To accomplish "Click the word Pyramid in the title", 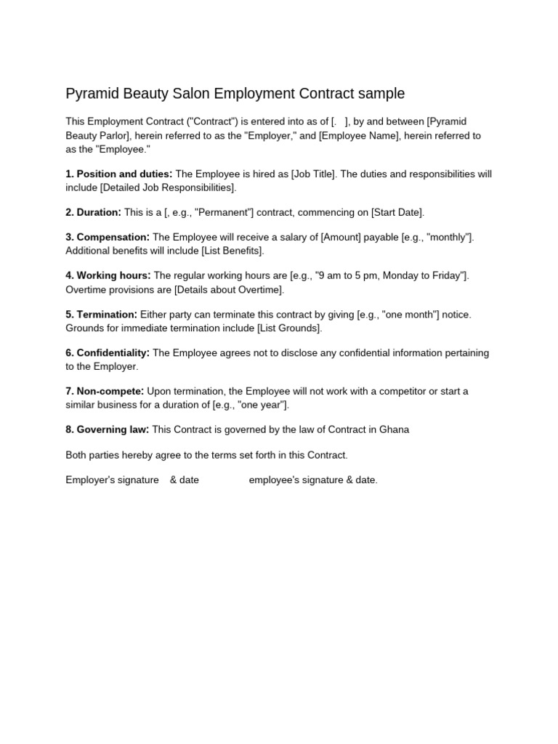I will click(x=90, y=94).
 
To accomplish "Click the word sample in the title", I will click(x=380, y=94).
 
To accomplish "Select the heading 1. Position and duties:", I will click(x=119, y=174).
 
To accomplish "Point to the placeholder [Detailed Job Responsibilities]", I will click(x=168, y=187).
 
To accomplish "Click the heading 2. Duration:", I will click(x=93, y=212).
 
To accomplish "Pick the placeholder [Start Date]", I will click(x=397, y=212).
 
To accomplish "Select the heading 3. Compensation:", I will click(x=108, y=238).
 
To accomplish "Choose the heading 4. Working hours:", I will click(x=108, y=276).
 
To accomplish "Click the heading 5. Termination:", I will click(x=101, y=315).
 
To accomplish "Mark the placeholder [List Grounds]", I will click(x=288, y=328).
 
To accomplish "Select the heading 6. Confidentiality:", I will click(x=108, y=353).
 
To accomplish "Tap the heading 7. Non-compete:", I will click(x=105, y=392).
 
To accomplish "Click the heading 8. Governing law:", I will click(x=108, y=429).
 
